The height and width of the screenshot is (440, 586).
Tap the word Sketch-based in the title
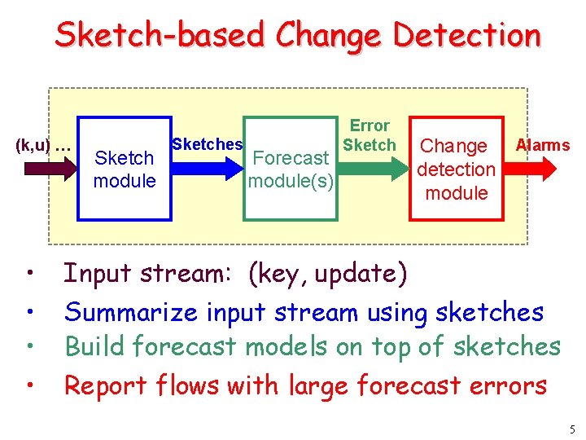pyautogui.click(x=160, y=35)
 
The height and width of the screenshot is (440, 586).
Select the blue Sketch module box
pyautogui.click(x=124, y=169)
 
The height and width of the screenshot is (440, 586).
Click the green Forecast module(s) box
pyautogui.click(x=291, y=169)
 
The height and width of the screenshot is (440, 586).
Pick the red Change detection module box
pyautogui.click(x=456, y=169)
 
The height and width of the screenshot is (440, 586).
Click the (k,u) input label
pyautogui.click(x=42, y=147)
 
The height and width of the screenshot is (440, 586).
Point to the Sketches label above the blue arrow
pyautogui.click(x=207, y=144)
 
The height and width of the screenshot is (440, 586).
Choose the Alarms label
pyautogui.click(x=543, y=145)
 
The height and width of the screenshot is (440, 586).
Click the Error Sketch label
pyautogui.click(x=370, y=135)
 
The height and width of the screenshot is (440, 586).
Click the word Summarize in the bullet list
pyautogui.click(x=132, y=311)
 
